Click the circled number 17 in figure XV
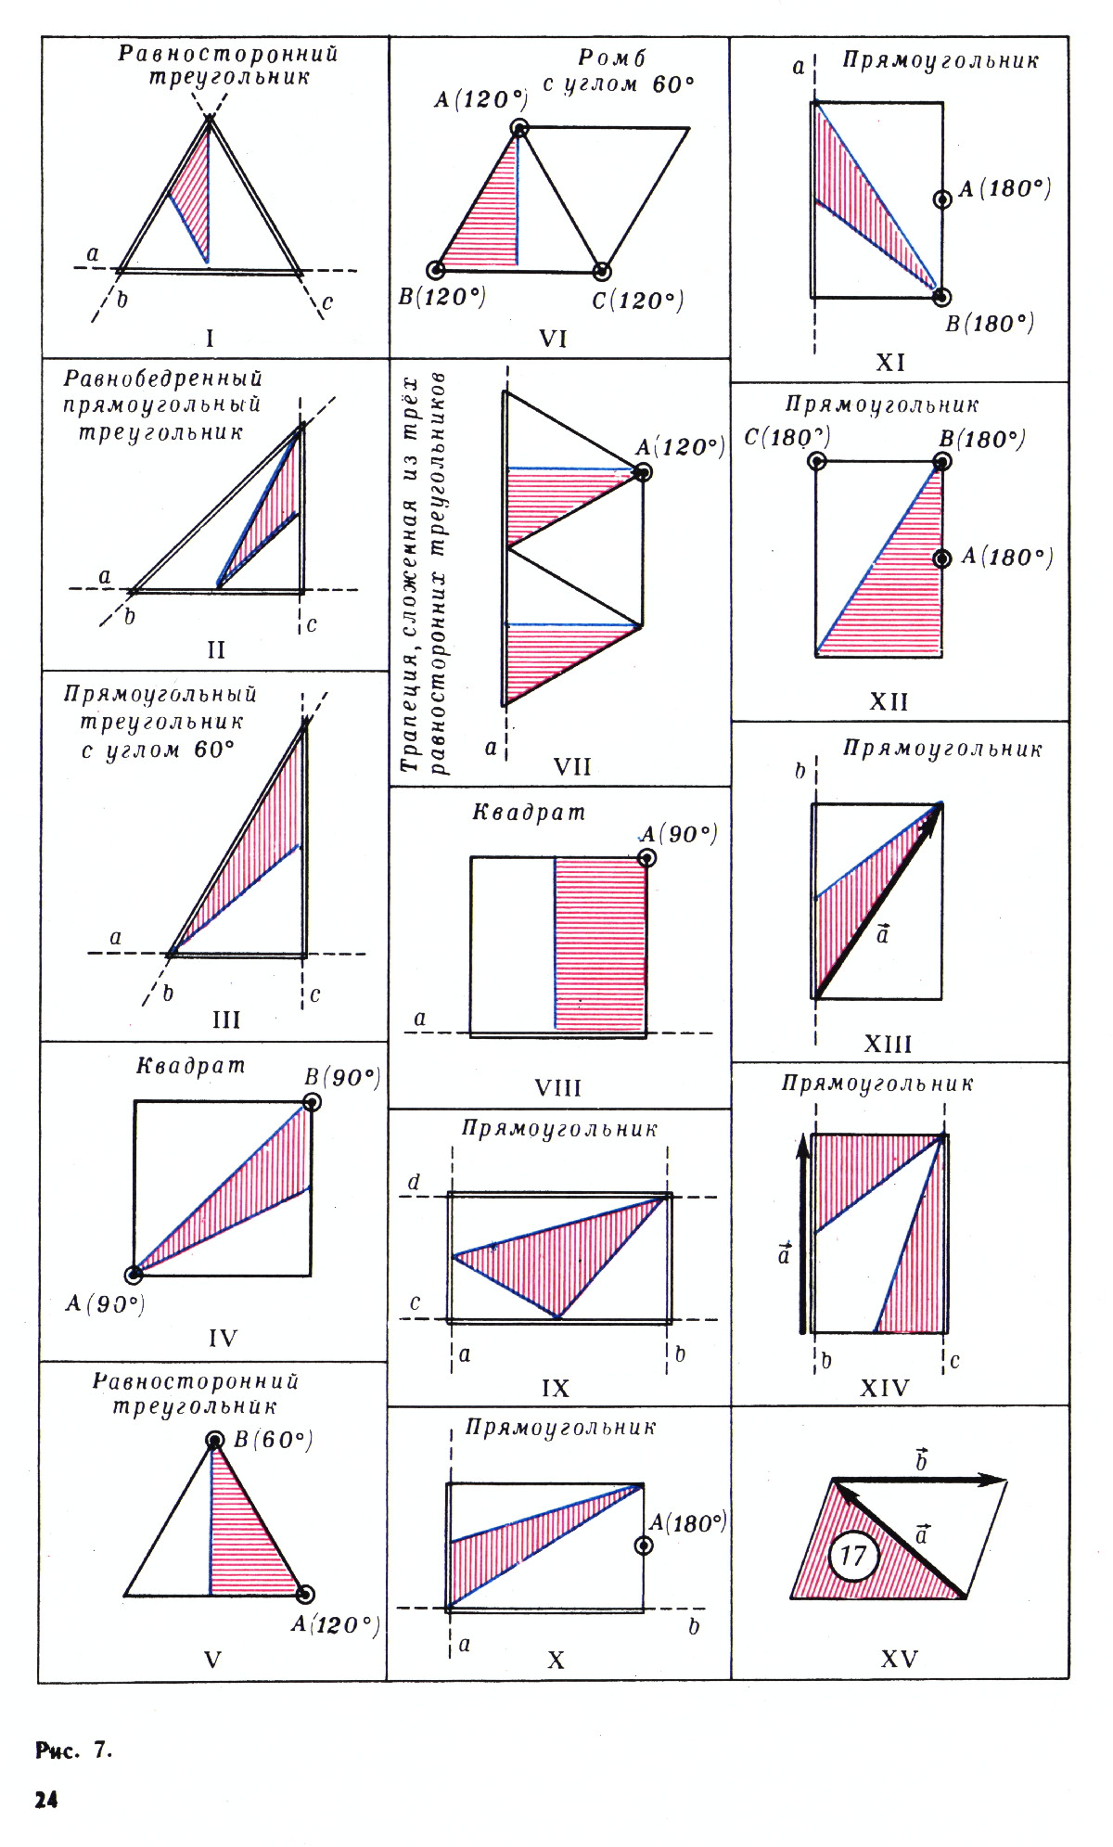pos(852,1555)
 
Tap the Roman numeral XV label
pos(899,1659)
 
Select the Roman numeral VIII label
pos(557,1087)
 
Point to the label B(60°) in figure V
pos(273,1440)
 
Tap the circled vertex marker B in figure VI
pos(435,270)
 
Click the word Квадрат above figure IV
pos(191,1066)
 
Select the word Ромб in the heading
pos(611,58)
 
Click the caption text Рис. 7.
pos(74,1751)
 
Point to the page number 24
pos(46,1801)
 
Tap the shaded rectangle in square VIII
pos(599,943)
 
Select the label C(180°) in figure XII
pos(787,437)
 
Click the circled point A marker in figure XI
pos(942,199)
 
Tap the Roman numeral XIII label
pos(888,1045)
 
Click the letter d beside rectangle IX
pos(414,1182)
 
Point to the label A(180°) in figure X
pos(687,1522)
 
